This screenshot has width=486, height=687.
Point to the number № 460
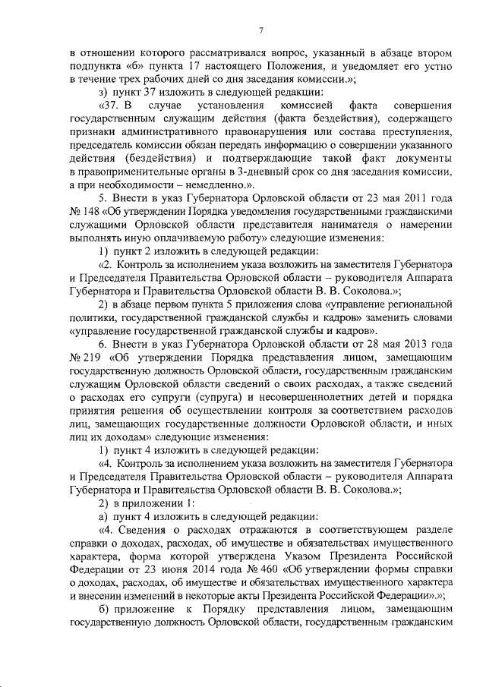[x=267, y=566]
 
